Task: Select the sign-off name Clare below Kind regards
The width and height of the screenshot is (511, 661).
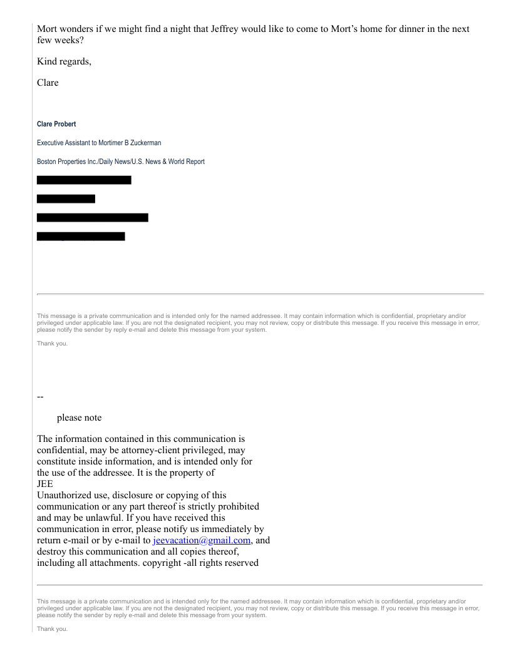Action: (48, 82)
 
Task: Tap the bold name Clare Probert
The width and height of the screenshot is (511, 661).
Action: (56, 124)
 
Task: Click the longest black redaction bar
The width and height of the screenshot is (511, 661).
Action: (92, 217)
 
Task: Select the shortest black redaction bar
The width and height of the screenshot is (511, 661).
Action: (66, 198)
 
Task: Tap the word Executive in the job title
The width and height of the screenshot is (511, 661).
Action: (51, 143)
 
